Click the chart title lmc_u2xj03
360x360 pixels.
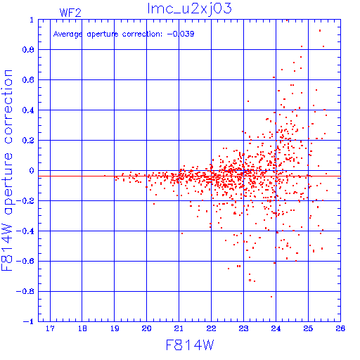coord(189,9)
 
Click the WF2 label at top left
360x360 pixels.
coord(70,13)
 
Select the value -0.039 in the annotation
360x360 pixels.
coord(181,34)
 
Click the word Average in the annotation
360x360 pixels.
coord(67,34)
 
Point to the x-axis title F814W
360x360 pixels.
coord(190,345)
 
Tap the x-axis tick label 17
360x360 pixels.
coord(50,328)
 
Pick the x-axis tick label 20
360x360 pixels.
coord(146,328)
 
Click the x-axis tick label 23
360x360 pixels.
coord(243,328)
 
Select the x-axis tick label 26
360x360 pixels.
coord(340,328)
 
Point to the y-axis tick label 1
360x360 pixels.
coord(32,20)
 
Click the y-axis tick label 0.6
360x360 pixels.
coord(28,80)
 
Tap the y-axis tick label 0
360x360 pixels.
coord(32,171)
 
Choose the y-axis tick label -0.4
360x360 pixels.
coord(25,231)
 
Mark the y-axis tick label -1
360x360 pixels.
coord(29,321)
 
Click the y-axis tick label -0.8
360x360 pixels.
coord(25,292)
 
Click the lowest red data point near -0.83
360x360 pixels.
coord(271,297)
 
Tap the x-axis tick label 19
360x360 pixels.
coord(115,328)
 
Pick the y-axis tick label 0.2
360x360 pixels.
coord(28,141)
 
